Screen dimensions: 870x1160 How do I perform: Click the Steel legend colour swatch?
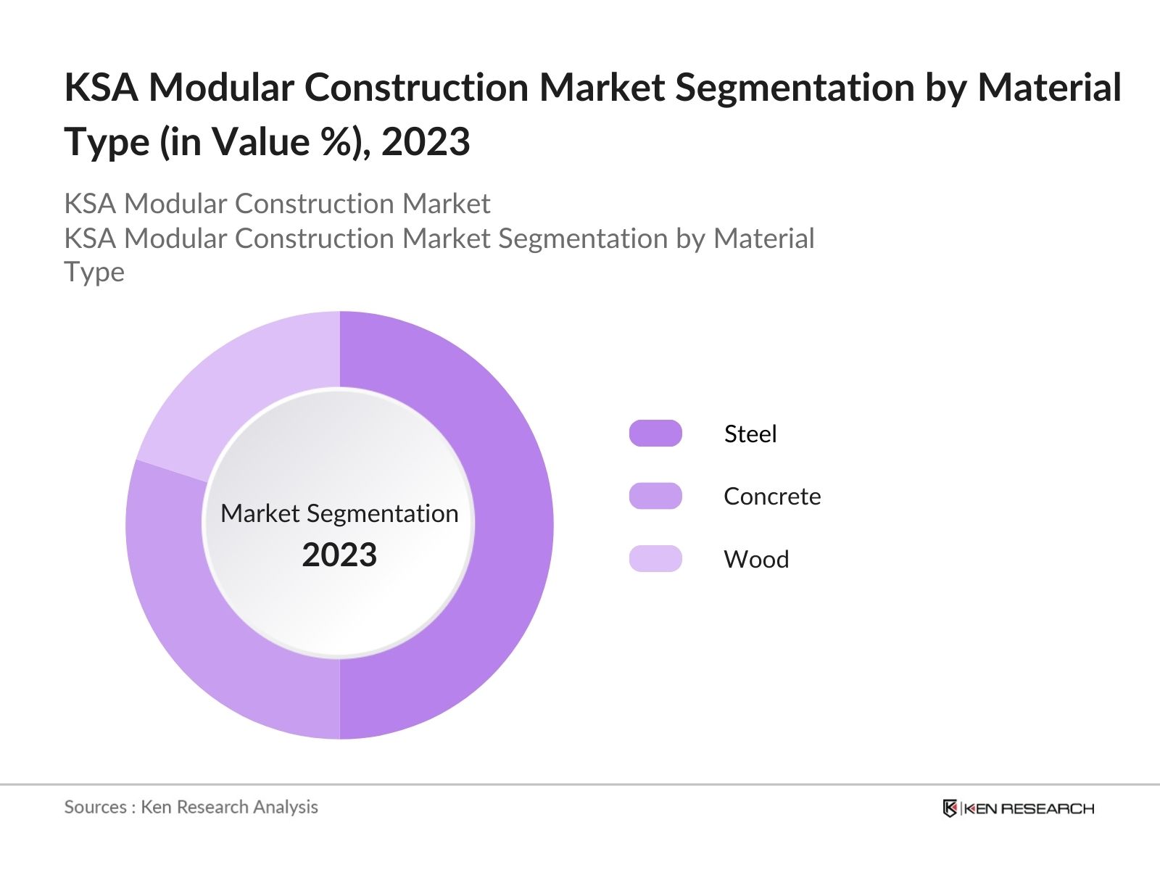(655, 434)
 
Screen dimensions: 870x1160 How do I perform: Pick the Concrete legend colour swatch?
(655, 497)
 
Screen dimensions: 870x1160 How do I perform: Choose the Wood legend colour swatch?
(655, 559)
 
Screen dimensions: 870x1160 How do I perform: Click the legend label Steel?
(750, 434)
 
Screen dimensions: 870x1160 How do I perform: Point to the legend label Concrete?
(772, 497)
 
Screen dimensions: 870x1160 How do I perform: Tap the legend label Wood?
(756, 559)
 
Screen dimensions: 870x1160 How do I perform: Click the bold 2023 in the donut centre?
(339, 555)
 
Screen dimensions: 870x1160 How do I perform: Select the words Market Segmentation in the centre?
(339, 513)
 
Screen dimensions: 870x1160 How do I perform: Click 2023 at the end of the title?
(426, 141)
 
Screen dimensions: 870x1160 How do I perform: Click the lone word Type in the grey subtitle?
(94, 273)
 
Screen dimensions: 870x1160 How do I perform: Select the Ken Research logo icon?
(949, 808)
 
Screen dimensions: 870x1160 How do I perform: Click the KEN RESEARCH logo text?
(1028, 808)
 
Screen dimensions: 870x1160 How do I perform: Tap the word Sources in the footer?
(95, 807)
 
